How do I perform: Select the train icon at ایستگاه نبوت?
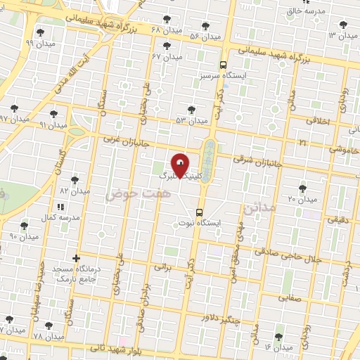pyautogui.click(x=200, y=211)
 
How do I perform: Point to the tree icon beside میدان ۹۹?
pyautogui.click(x=40, y=32)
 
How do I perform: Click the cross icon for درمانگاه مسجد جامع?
pyautogui.click(x=76, y=257)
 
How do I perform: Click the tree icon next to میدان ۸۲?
pyautogui.click(x=75, y=180)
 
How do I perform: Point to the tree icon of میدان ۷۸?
pyautogui.click(x=49, y=326)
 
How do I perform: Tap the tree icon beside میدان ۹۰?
pyautogui.click(x=25, y=226)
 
